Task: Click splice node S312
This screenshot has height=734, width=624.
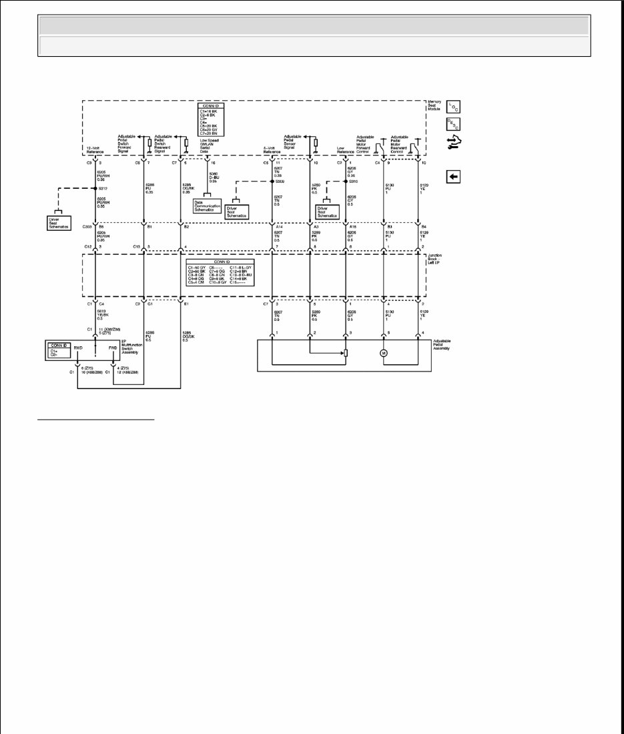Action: click(x=95, y=188)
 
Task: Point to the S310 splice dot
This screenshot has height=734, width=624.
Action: click(x=346, y=181)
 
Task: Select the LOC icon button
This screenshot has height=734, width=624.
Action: click(x=453, y=106)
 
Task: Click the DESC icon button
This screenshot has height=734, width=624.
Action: click(x=453, y=123)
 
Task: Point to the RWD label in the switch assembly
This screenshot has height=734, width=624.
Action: click(x=79, y=348)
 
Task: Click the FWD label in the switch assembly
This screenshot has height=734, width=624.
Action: click(x=113, y=348)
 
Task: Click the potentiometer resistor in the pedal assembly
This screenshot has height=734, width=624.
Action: click(x=345, y=353)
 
